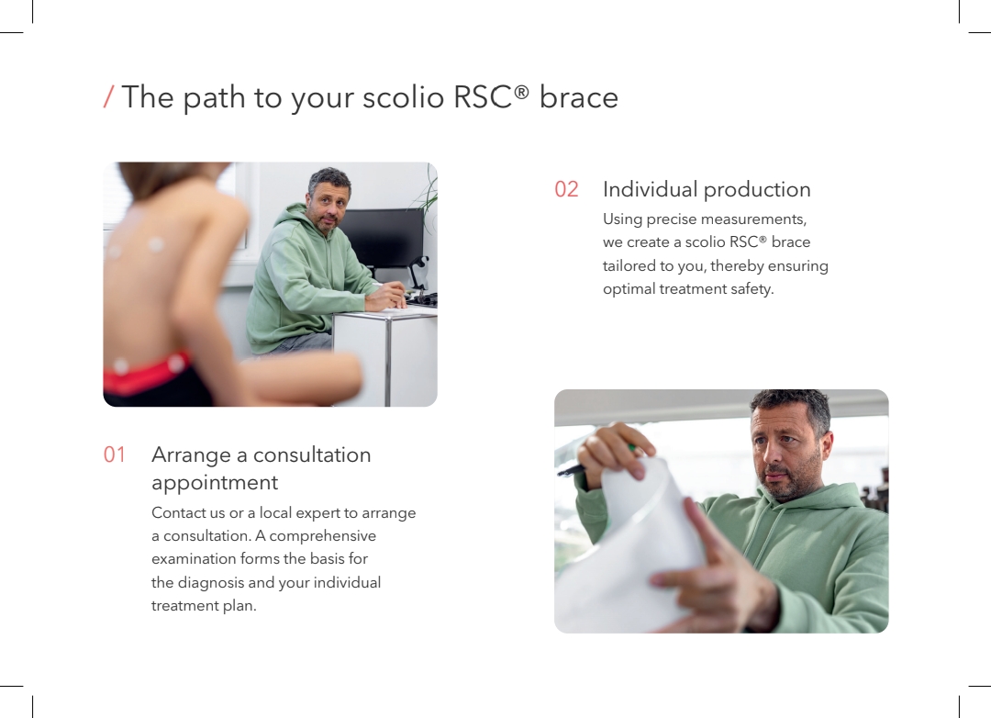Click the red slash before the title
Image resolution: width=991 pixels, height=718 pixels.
coord(108,96)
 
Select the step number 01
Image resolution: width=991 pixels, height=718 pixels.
coord(115,454)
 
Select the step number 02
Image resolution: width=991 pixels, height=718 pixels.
coord(566,189)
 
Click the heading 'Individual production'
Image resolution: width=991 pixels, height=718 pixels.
coord(707,189)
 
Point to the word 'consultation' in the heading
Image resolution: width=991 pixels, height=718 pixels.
coord(312,454)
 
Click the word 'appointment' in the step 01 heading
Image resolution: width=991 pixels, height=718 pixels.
coord(215,483)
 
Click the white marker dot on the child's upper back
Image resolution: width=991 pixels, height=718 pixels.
coord(155,243)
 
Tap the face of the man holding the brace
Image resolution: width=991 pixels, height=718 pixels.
coord(785,452)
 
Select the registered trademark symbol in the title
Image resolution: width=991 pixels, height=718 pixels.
coord(521,93)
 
